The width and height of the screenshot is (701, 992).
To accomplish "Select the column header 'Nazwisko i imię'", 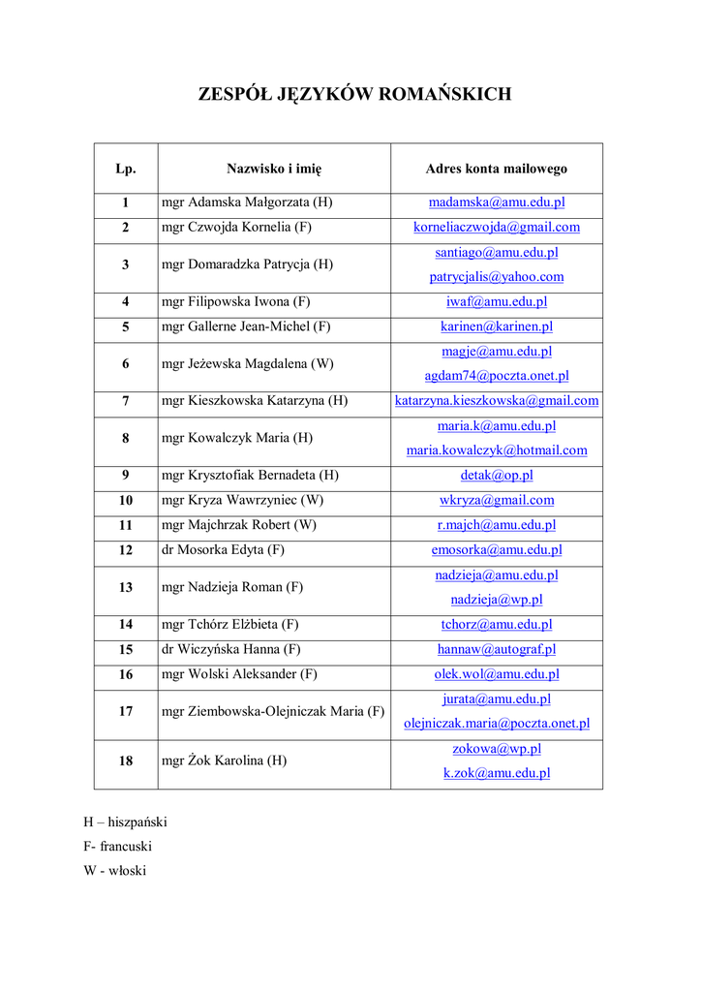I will [x=274, y=169].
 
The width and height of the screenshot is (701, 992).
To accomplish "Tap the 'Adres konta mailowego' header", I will [x=497, y=169].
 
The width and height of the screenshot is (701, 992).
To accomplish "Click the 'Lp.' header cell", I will [x=126, y=169].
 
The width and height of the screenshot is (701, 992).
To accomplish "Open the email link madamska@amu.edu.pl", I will [x=497, y=202].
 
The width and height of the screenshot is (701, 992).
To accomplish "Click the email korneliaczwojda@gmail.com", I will [x=497, y=228].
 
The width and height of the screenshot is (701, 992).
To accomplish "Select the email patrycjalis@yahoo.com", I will [x=497, y=277].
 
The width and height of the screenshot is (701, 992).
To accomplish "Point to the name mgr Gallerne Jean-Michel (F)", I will [x=246, y=327].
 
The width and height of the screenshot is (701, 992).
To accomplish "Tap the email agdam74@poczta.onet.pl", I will [x=497, y=376].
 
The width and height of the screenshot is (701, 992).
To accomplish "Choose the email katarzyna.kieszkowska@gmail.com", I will [x=497, y=401].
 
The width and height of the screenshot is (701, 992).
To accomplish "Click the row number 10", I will [x=126, y=501].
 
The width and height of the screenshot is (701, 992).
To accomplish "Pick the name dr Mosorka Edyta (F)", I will [x=223, y=550].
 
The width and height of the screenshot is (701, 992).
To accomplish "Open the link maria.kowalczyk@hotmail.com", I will [x=497, y=450].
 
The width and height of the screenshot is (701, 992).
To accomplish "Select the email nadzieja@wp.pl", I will [x=497, y=601].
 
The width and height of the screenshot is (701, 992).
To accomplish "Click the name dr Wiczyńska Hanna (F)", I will [x=230, y=650].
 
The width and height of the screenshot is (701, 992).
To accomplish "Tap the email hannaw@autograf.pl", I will [x=497, y=650].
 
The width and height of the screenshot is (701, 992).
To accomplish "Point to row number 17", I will [x=126, y=711].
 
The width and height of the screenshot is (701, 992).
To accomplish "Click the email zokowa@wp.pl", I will [x=497, y=749].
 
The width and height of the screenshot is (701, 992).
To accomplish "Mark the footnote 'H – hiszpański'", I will [x=126, y=822].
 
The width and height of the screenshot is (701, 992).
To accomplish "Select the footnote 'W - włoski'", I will [x=115, y=871].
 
